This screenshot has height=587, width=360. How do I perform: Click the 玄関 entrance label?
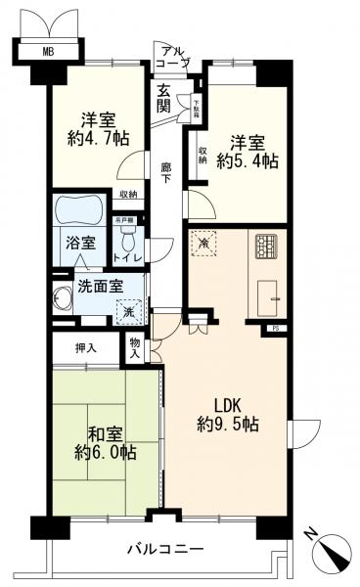coord(162,98)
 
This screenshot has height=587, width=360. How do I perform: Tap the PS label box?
coord(275,328)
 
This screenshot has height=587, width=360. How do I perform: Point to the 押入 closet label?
coord(87,347)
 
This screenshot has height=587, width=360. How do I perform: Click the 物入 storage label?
coord(136,347)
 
